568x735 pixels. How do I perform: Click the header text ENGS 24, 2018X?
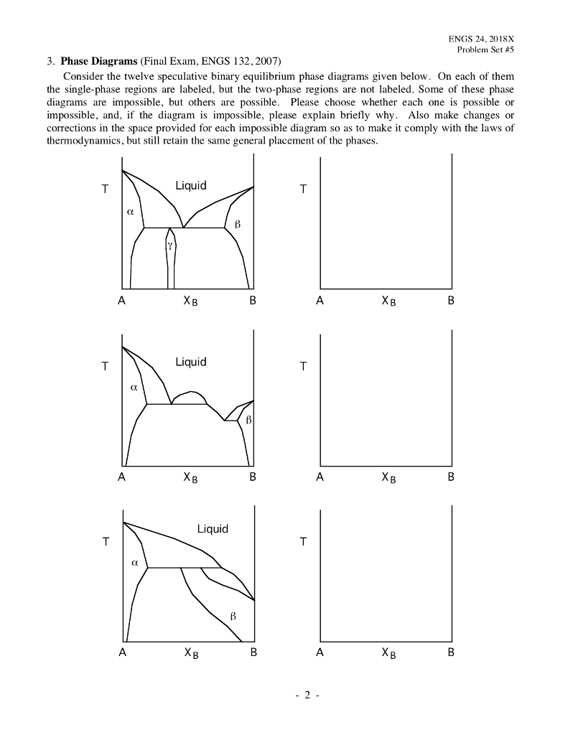481,39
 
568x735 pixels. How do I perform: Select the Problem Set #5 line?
485,50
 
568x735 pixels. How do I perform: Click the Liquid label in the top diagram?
190,186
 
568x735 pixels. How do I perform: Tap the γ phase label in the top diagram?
170,245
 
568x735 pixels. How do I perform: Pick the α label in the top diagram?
130,212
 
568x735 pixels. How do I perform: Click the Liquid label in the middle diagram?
190,362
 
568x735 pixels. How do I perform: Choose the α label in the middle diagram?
134,387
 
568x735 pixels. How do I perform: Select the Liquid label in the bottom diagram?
212,529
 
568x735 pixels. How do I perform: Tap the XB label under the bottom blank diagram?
386,654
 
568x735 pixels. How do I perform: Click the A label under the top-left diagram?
122,302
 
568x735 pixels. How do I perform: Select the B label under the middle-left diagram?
252,477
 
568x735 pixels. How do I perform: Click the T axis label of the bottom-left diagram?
105,543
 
